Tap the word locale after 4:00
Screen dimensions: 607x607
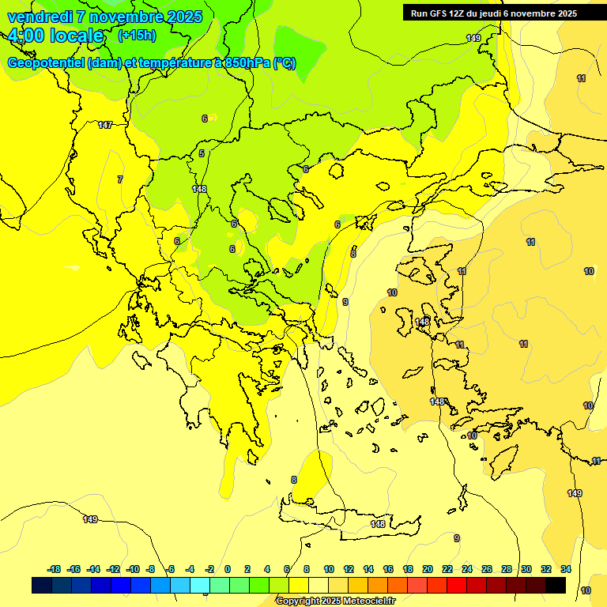(77, 36)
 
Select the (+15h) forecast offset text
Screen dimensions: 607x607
(137, 36)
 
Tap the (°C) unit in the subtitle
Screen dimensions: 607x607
(285, 63)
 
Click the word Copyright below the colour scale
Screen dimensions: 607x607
(296, 601)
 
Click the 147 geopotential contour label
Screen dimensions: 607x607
(105, 125)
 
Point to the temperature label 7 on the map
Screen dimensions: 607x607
(119, 180)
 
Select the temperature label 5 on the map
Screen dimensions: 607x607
(202, 154)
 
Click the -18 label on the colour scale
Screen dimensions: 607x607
(54, 569)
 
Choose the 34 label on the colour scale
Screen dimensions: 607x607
(566, 569)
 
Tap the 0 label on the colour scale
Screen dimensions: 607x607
(228, 569)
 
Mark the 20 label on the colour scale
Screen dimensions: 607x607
(428, 569)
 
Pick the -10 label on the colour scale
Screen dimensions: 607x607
(133, 569)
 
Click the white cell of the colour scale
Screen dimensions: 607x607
(319, 585)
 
